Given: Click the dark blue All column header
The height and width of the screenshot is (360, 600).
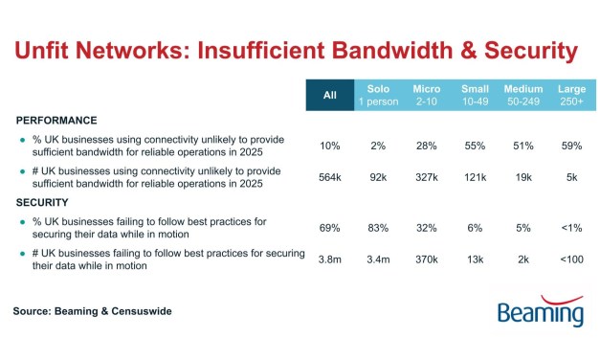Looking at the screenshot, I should pos(330,96).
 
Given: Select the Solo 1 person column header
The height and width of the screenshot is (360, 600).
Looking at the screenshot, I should pos(378,96).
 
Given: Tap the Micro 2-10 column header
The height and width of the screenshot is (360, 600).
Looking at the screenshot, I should pos(427,96).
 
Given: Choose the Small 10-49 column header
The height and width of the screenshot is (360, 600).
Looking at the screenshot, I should pos(475,96).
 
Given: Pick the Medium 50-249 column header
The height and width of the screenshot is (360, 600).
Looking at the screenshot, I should pos(523,96).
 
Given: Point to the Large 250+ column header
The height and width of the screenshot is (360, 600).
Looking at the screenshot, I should pos(571,96).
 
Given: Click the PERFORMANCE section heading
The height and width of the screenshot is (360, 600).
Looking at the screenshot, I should pos(56,121).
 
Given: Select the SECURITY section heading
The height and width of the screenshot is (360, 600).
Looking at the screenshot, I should pos(43,203).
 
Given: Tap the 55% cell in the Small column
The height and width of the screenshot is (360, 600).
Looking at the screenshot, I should pos(475,146).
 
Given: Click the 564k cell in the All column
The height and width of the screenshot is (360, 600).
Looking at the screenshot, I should pos(330,178).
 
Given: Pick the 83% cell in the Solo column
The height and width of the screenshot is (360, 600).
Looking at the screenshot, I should pos(378,228).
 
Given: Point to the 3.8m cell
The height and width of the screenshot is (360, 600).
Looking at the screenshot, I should pos(330,260).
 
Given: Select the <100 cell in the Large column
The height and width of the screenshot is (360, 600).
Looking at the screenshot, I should pos(571,260).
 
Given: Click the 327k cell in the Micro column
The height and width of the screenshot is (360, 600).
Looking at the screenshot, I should pos(427,178).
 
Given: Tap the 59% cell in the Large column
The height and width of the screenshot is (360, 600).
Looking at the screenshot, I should pos(571,146).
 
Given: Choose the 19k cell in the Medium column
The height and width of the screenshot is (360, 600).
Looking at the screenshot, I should pos(523,178).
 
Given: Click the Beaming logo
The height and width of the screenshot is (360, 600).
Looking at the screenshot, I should pos(541,310).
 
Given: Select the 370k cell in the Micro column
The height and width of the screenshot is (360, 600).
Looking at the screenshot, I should pos(427,260).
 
